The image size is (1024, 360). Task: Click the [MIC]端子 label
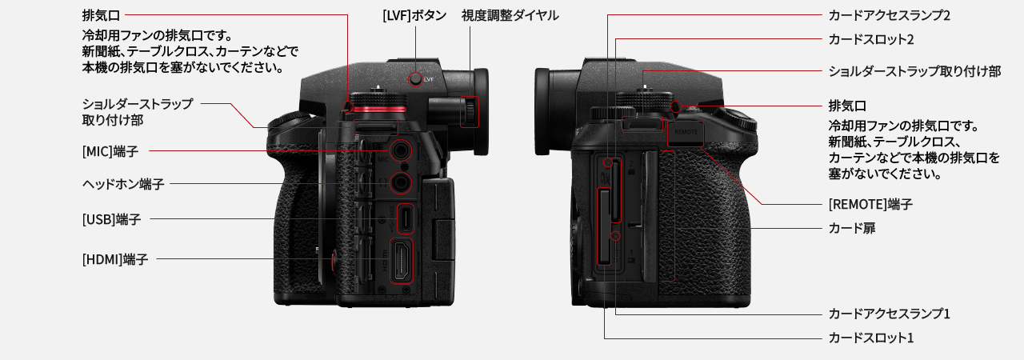click(110, 151)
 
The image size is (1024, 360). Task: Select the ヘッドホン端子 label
click(123, 184)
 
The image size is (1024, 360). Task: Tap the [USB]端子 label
click(111, 219)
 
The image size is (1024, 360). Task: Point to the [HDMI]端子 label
click(115, 259)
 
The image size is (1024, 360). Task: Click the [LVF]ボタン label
click(414, 15)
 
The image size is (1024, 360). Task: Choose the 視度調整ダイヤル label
click(510, 15)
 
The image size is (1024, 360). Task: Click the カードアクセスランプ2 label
click(889, 15)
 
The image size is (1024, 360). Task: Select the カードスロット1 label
click(871, 338)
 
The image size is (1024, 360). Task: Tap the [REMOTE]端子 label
click(870, 204)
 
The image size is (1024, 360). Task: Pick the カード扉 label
click(852, 229)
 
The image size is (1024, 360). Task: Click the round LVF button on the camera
click(415, 79)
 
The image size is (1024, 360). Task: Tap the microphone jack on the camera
click(401, 150)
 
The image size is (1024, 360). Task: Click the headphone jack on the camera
click(401, 184)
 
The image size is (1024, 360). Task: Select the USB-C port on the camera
click(405, 218)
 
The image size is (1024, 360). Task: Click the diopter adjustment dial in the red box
click(470, 111)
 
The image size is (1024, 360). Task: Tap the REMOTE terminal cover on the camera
click(686, 133)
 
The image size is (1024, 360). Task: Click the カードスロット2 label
click(871, 40)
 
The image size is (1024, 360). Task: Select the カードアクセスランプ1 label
click(889, 314)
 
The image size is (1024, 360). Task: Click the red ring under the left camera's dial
click(378, 109)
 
